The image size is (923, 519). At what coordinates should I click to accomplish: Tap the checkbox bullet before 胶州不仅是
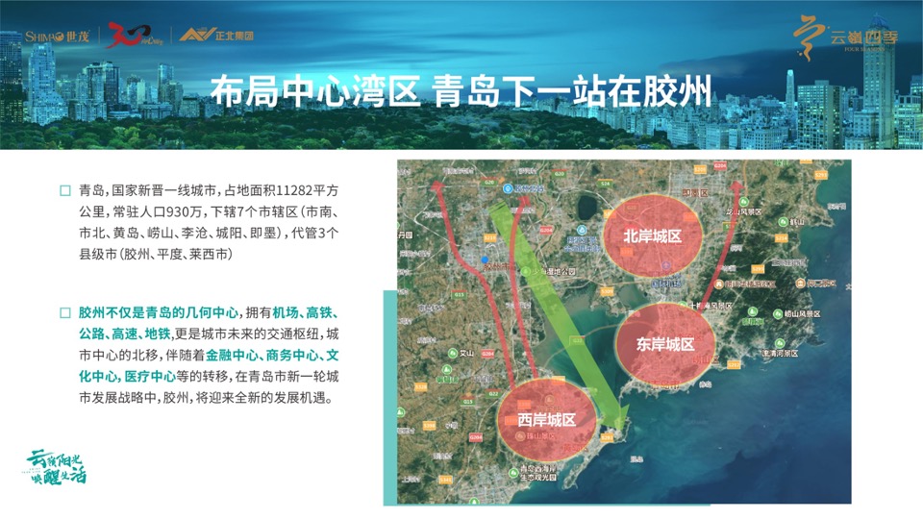pos(64,313)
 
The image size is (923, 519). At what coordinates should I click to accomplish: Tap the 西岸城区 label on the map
pos(546,420)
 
